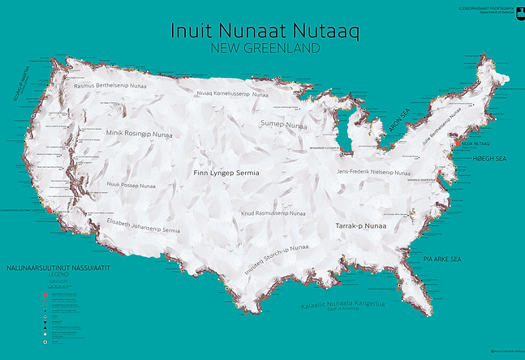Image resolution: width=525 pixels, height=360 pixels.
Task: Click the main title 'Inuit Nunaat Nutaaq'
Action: pyautogui.click(x=265, y=30)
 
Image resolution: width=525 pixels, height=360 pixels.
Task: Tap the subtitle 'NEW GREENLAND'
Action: pyautogui.click(x=265, y=48)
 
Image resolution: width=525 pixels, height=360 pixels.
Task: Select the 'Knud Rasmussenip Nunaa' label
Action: pyautogui.click(x=273, y=214)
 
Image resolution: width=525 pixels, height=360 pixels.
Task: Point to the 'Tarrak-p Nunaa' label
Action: pyautogui.click(x=360, y=225)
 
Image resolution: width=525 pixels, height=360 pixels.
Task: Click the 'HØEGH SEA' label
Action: pyautogui.click(x=488, y=159)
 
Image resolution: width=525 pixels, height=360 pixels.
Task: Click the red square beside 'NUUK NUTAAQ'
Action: pyautogui.click(x=458, y=143)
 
